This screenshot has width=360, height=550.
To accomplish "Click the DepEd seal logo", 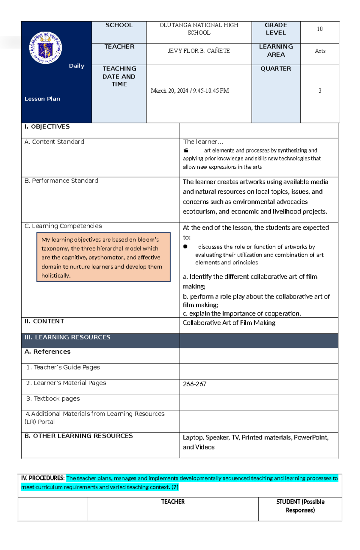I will (x=46, y=48).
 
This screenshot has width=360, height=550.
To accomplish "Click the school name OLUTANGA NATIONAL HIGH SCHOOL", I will (x=199, y=29).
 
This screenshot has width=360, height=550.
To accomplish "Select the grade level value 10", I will (x=319, y=29).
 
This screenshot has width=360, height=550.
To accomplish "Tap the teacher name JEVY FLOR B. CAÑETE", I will (x=199, y=51).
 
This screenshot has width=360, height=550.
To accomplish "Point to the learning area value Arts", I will (x=320, y=51).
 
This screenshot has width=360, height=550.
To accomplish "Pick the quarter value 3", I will (x=320, y=91).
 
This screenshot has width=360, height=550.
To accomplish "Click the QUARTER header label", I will (x=275, y=69).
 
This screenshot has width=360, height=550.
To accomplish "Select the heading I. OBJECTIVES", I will (x=47, y=127).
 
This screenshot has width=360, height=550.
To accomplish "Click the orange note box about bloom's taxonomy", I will (x=103, y=257).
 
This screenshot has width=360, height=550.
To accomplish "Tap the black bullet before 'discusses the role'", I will (x=185, y=247).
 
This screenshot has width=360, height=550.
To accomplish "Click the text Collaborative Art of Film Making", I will (x=229, y=323).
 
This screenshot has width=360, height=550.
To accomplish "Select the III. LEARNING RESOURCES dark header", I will (x=67, y=337).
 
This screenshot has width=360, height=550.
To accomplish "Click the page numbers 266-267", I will (x=194, y=384).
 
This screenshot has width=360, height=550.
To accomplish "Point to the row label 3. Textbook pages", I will (x=53, y=399).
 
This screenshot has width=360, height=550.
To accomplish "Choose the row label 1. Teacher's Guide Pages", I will (x=63, y=367).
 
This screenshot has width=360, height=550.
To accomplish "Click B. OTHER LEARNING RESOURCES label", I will (x=79, y=436).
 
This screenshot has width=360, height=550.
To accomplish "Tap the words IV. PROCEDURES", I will (x=43, y=478).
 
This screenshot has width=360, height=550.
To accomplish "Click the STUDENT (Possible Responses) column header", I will (x=300, y=506).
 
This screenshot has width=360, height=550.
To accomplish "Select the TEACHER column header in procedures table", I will (x=173, y=502).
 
